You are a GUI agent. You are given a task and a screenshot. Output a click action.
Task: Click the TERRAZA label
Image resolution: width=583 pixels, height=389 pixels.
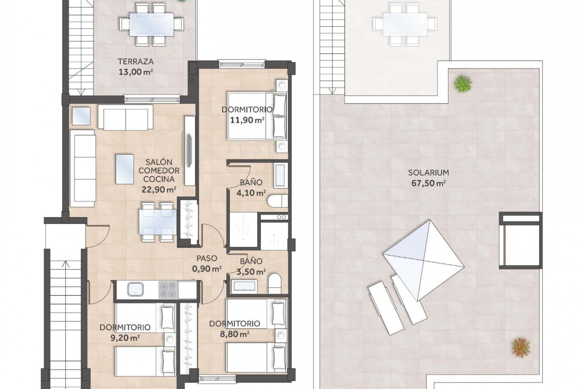pos(136,62)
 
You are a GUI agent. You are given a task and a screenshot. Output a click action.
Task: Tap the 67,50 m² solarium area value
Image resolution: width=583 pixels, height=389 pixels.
pos(428,183)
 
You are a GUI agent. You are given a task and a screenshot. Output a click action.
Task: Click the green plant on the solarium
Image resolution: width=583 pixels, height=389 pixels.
pos(463,84)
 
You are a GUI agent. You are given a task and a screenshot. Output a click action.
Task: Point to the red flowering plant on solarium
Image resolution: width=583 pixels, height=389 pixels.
pos(521,347)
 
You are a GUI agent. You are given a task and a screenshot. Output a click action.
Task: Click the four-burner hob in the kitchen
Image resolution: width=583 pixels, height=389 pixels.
pos(168,290)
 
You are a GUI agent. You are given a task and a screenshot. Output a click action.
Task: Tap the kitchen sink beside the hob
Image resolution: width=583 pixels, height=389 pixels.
pos(135,289)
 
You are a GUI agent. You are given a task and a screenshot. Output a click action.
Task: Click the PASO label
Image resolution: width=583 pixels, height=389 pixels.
pos(207,258)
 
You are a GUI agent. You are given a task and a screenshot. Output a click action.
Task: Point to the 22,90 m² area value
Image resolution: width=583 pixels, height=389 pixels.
pos(159,190)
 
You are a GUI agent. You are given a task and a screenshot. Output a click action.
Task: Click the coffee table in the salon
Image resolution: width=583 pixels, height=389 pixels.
pos(124,169)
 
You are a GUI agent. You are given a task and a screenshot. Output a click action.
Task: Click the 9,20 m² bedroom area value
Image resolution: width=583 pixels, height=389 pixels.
pos(125,338)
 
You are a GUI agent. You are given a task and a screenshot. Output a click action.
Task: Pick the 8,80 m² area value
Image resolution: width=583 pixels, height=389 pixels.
pos(235,334)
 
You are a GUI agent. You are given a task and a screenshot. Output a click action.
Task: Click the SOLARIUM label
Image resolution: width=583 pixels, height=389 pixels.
pos(428,173)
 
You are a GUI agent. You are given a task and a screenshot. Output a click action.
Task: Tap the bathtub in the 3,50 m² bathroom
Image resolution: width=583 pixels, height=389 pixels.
pos(245,287)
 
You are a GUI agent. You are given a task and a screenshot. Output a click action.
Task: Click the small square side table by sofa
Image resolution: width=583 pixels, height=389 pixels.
pos(81,116)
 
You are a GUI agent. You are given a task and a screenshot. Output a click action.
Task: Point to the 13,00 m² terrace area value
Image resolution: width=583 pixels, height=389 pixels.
pos(135,72)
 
